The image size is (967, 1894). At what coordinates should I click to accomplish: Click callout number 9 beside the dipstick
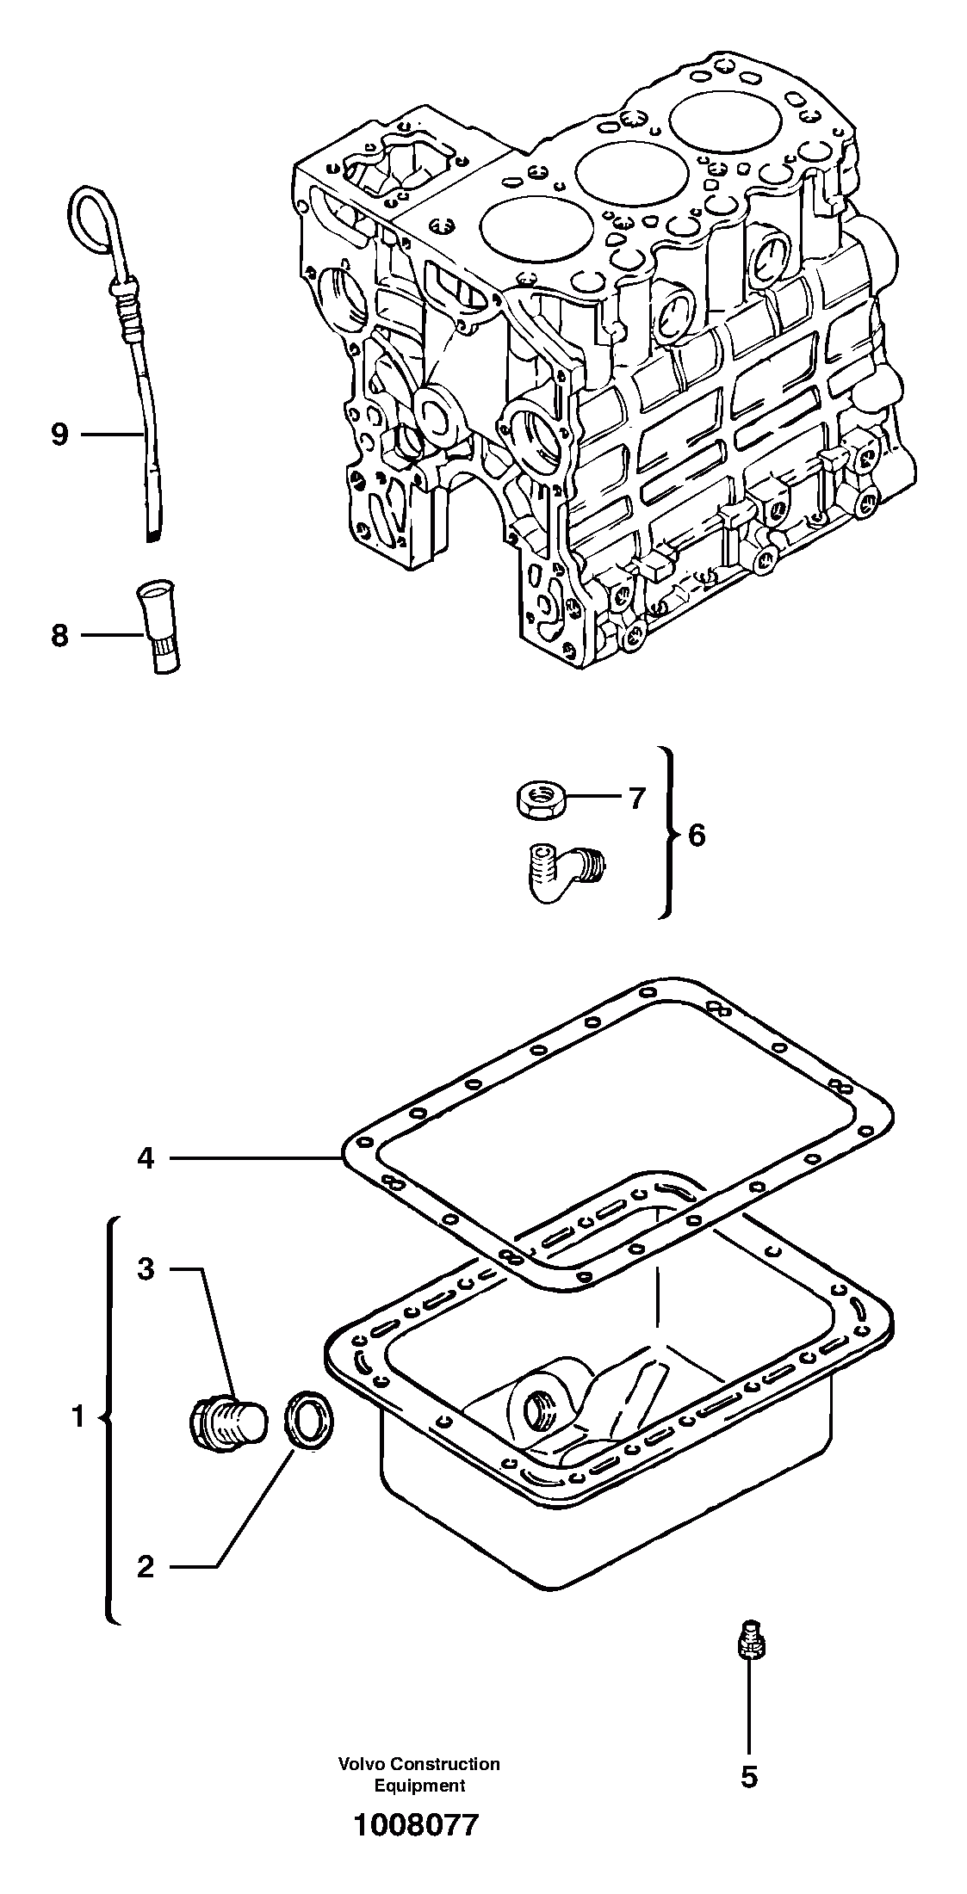(x=59, y=435)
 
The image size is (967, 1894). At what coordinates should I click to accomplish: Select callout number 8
(x=59, y=636)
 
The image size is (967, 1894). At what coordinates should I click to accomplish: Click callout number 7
(x=635, y=799)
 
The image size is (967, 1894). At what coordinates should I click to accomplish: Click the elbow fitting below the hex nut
(x=560, y=870)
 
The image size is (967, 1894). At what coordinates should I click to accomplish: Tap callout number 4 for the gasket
(x=146, y=1159)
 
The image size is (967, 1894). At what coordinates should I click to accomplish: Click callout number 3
(x=146, y=1268)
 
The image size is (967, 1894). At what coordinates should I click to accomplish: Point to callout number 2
(x=146, y=1566)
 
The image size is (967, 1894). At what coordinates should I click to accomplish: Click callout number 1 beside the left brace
(x=77, y=1416)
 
